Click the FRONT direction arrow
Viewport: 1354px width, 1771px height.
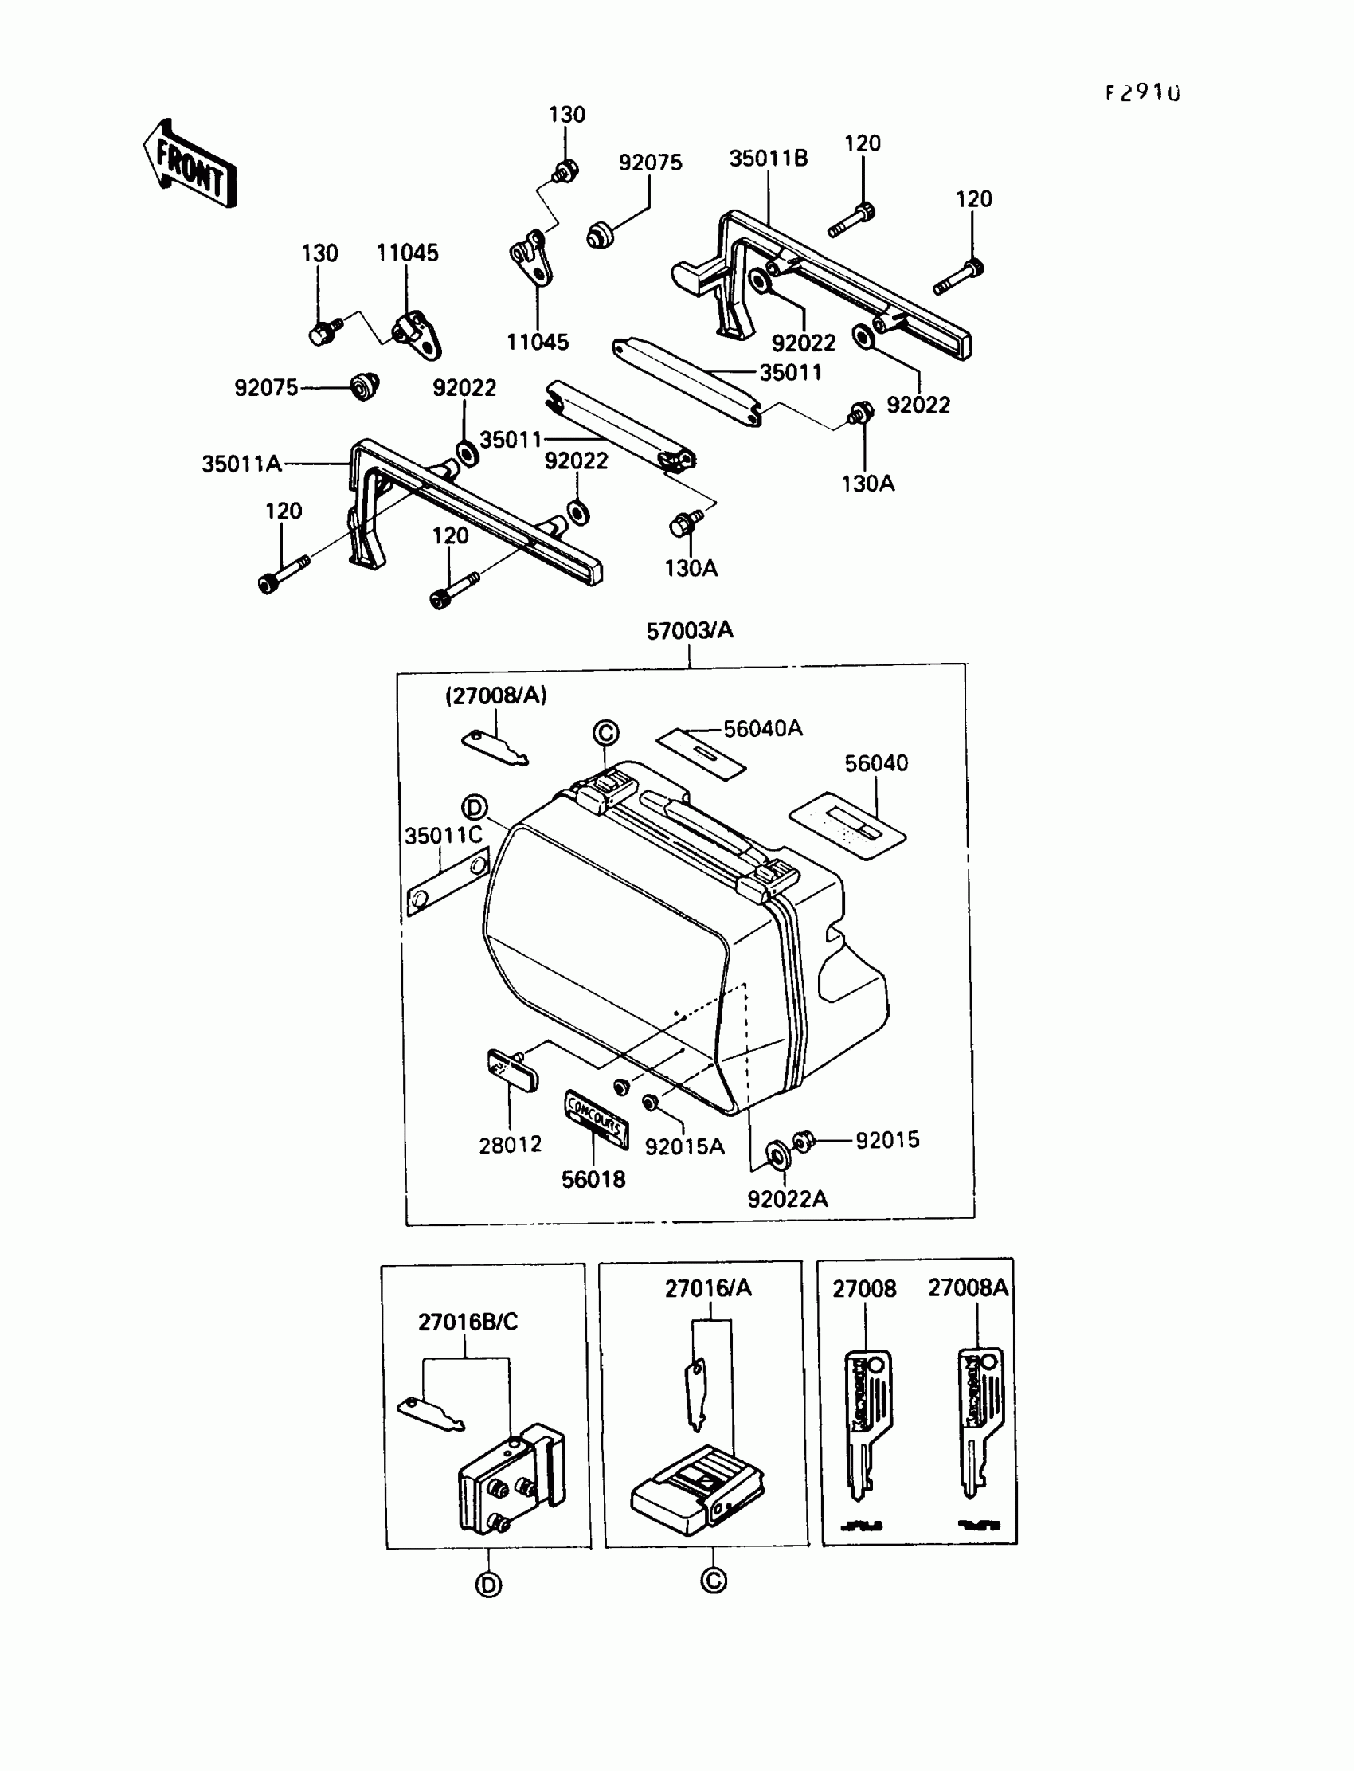click(x=190, y=164)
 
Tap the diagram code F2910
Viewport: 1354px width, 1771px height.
click(x=1142, y=93)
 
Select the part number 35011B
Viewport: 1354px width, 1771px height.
click(x=768, y=159)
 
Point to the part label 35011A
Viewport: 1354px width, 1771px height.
click(x=241, y=464)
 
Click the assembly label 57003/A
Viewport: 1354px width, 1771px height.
click(x=689, y=630)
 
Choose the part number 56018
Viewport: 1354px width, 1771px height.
click(x=593, y=1180)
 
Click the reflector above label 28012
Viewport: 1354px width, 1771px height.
click(x=512, y=1070)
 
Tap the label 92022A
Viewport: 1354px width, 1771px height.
click(x=787, y=1200)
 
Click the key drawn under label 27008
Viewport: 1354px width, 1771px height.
click(x=867, y=1423)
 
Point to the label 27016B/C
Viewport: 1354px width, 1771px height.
click(x=468, y=1322)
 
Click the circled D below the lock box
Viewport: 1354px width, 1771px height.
click(x=488, y=1585)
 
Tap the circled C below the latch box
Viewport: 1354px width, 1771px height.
click(x=714, y=1581)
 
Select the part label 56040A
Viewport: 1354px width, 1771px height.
click(x=762, y=729)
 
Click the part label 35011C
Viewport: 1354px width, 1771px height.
click(x=444, y=836)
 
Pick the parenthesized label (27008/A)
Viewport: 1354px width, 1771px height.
click(x=495, y=695)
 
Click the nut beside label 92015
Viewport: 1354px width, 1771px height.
click(x=803, y=1141)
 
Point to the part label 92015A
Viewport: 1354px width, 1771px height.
click(x=684, y=1147)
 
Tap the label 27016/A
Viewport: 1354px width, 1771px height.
click(x=707, y=1289)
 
